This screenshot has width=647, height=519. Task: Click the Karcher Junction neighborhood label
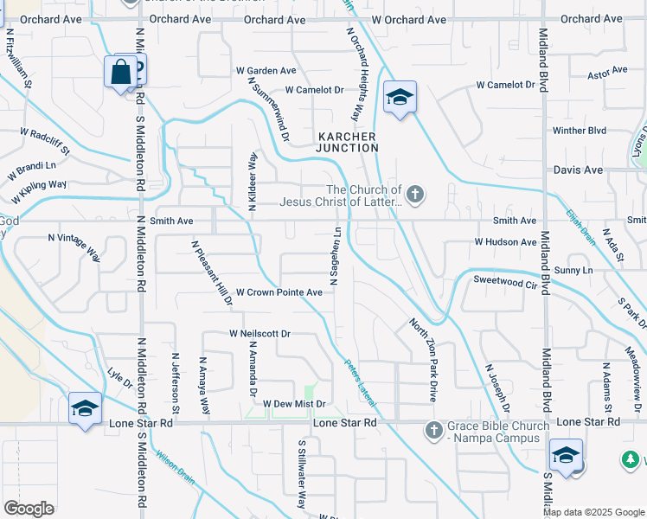(347, 142)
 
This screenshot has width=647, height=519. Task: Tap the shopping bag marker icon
(120, 72)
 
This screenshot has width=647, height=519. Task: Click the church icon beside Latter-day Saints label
(415, 195)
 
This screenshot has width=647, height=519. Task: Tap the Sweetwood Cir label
(506, 280)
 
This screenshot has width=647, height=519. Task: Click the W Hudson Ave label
(506, 242)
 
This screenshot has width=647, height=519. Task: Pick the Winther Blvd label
(580, 131)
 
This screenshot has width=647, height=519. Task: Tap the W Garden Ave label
(266, 71)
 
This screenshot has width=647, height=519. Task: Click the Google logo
(29, 509)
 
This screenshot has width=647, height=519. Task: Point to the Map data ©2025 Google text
(593, 512)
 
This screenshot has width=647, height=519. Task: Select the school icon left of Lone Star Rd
(85, 409)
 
